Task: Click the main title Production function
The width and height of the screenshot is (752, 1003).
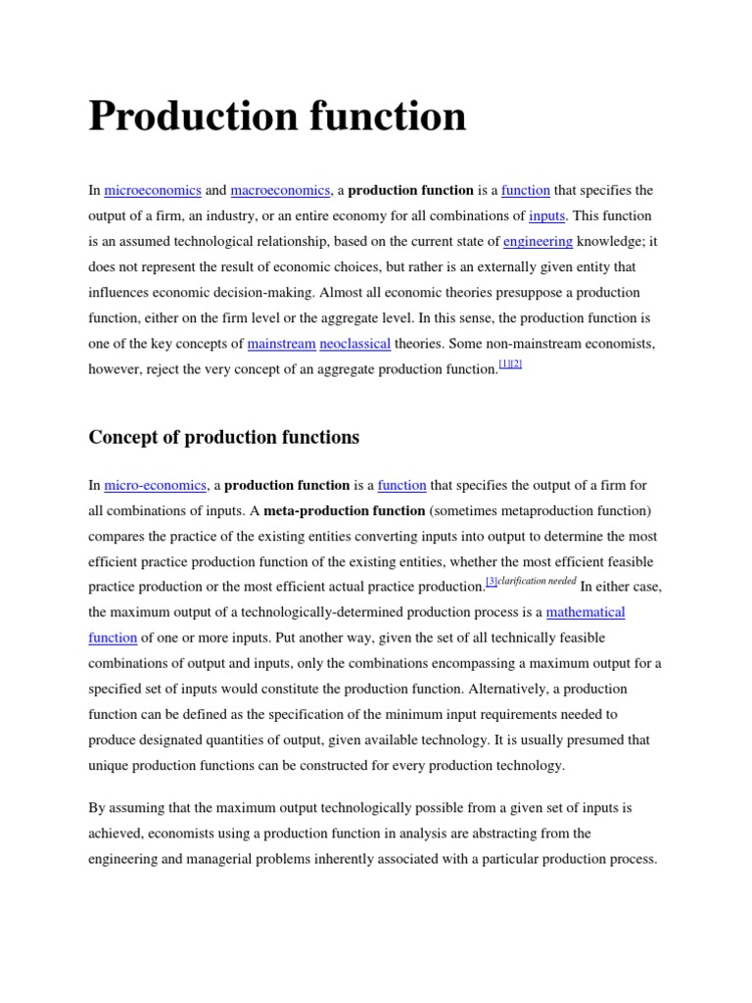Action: (x=277, y=117)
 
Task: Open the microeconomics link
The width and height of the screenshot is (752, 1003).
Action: (x=153, y=190)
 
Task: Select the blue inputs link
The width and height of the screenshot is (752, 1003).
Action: (x=546, y=215)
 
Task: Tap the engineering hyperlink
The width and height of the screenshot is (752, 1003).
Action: (x=538, y=241)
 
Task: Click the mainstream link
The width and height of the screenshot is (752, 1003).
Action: (x=282, y=344)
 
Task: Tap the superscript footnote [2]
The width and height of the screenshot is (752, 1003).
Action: (x=516, y=364)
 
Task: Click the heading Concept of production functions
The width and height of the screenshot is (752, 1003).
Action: (x=224, y=438)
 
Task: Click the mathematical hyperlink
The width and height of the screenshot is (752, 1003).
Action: (x=586, y=612)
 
